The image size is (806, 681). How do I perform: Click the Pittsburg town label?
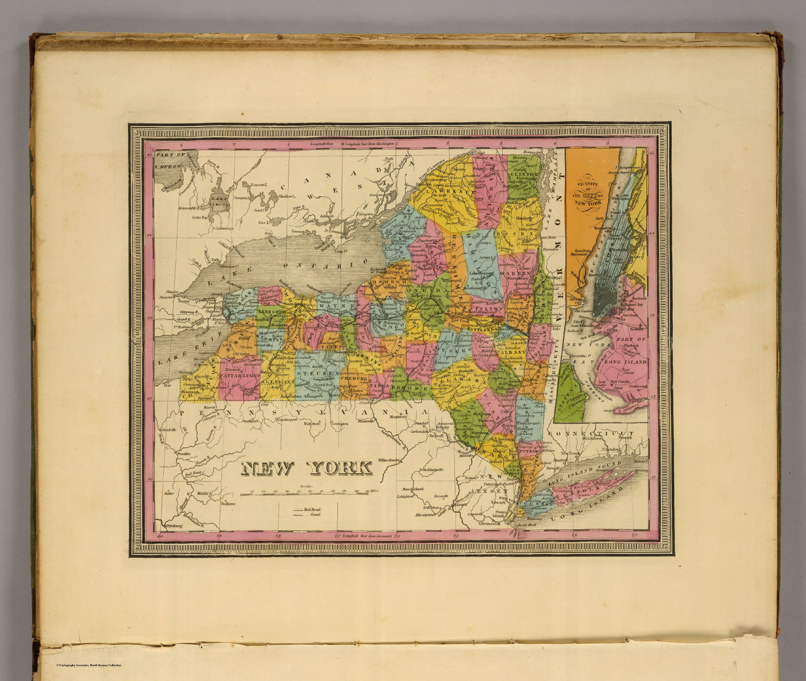click(173, 525)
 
